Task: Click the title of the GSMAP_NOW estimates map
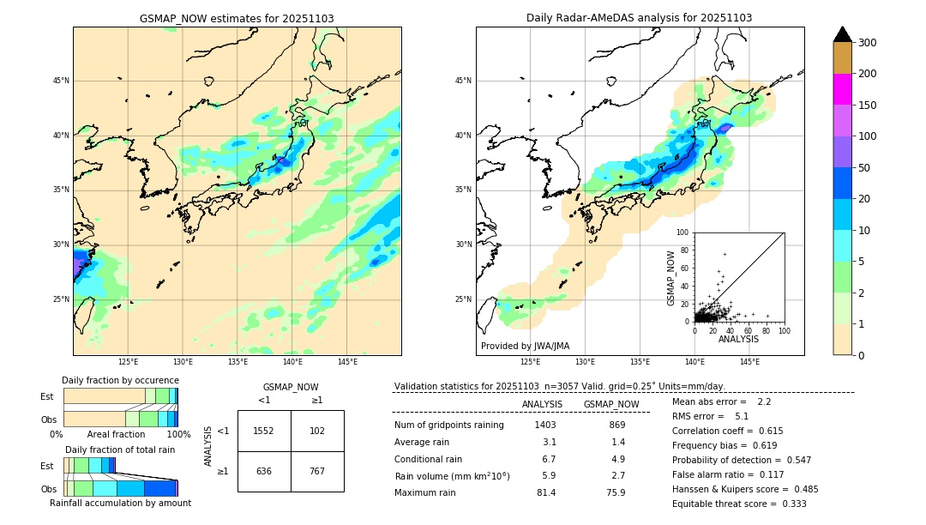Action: [237, 18]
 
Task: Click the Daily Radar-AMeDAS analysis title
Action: [639, 18]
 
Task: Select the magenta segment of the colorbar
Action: [843, 89]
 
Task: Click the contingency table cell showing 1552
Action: [264, 431]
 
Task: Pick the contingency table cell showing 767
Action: [317, 471]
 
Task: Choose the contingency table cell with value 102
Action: [317, 431]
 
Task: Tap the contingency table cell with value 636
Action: [264, 471]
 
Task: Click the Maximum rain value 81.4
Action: [546, 492]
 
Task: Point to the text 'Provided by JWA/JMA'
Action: [525, 346]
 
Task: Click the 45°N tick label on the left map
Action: [61, 81]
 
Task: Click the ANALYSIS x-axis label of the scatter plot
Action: [738, 339]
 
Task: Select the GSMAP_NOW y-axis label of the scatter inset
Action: [671, 277]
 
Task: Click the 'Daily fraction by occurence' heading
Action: [120, 380]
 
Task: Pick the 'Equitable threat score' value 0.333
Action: [787, 504]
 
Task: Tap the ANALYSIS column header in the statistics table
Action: [542, 404]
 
